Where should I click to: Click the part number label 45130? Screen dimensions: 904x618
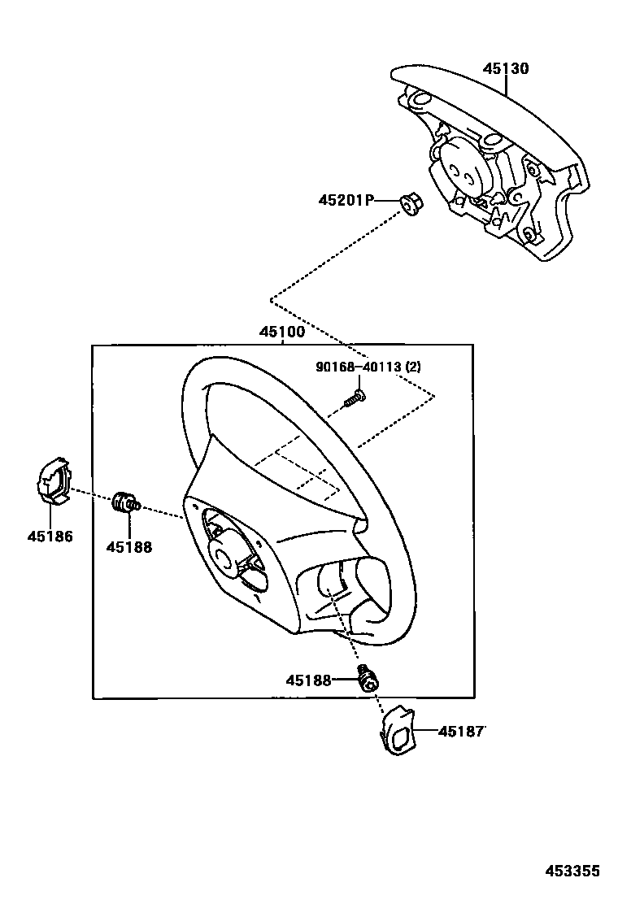506,69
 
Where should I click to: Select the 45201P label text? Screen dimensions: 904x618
345,200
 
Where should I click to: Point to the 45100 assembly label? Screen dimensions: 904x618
281,332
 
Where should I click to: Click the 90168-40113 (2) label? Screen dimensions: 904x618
368,367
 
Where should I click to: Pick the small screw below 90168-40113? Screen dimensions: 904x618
355,398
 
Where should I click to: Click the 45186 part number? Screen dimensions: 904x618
50,537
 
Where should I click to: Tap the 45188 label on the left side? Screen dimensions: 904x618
128,547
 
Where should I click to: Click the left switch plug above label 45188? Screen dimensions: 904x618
124,503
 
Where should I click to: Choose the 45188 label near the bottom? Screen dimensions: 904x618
308,680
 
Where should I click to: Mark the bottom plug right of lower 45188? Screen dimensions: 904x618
368,678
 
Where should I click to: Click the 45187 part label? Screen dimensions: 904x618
461,732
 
